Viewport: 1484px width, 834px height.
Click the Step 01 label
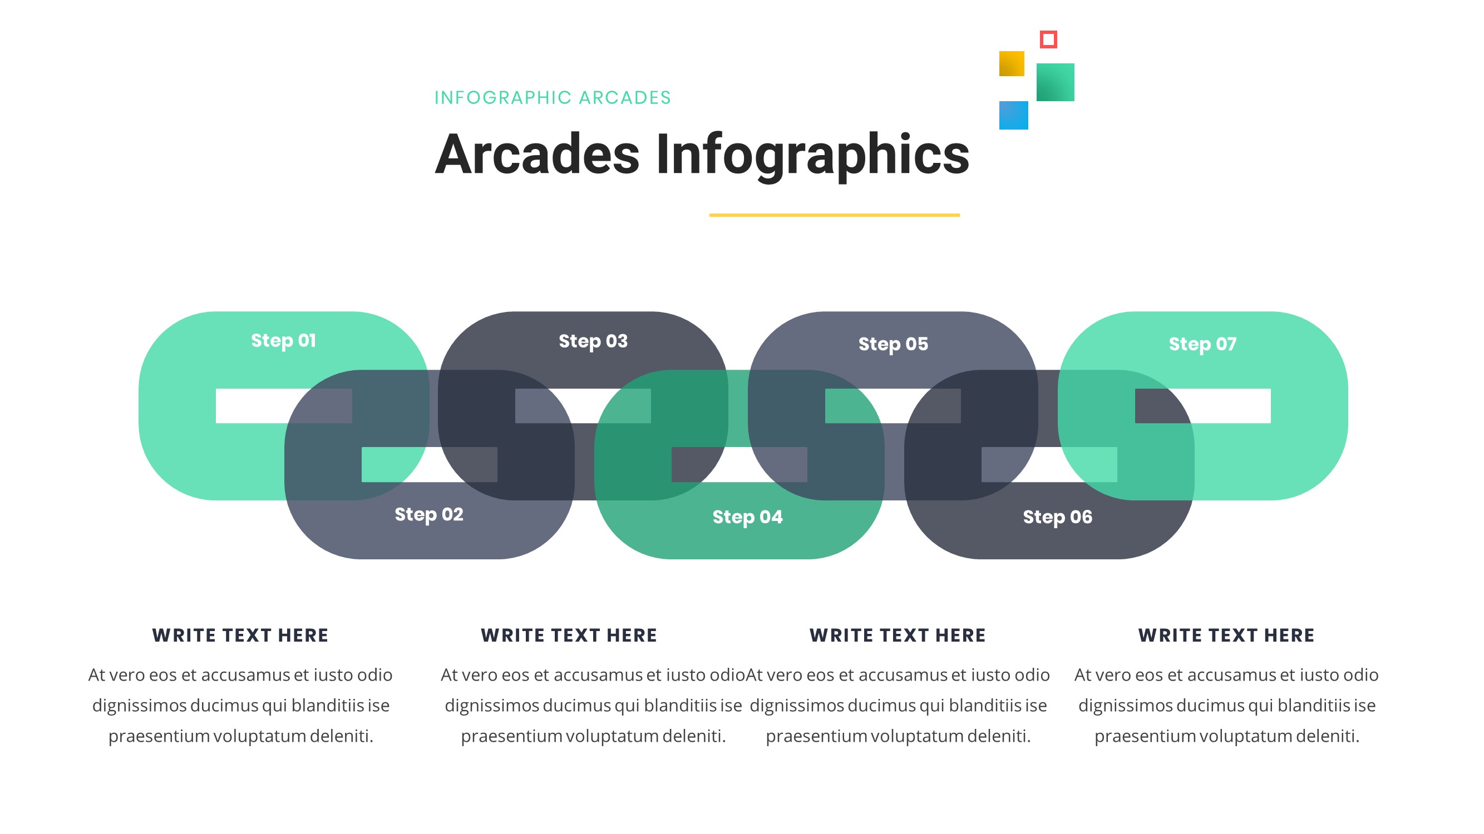pos(283,341)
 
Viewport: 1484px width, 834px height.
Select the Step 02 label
pos(428,514)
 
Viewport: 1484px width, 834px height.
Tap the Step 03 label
pos(593,341)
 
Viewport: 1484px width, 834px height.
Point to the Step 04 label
pos(747,517)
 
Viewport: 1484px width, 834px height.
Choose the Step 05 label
pos(893,344)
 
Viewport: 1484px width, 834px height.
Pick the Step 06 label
pos(1057,517)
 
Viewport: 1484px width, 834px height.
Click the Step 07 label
pos(1202,344)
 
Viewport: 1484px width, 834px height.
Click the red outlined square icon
pos(1048,39)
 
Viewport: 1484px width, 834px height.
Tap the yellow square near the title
pos(1011,64)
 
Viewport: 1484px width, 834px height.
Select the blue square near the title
pos(1013,115)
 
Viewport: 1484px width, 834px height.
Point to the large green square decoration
pos(1055,82)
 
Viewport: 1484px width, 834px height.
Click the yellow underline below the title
pos(834,215)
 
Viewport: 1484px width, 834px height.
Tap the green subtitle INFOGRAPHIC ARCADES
pos(553,98)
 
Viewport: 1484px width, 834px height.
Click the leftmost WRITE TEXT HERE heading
pos(240,636)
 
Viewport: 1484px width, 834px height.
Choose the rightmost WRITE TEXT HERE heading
pos(1226,636)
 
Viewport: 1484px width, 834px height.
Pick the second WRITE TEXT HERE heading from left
pos(569,636)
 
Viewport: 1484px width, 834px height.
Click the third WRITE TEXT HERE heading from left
pos(898,636)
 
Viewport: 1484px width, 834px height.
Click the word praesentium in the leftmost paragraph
pos(159,736)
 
